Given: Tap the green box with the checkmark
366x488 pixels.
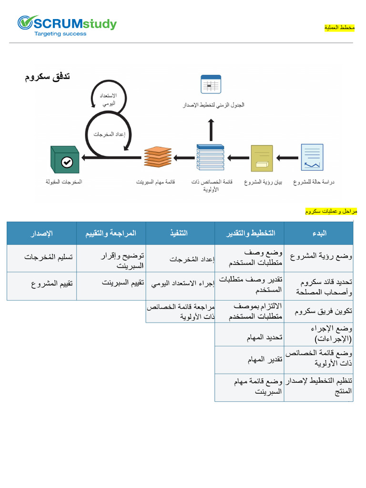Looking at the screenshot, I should tap(64, 160).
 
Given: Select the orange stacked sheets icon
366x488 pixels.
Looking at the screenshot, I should tap(158, 158).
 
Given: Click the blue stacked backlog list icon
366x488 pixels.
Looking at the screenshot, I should tap(210, 157).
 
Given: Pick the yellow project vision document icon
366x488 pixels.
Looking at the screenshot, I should tap(262, 158).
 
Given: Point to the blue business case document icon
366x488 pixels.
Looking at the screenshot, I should tap(312, 157).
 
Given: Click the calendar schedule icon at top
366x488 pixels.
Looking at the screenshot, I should tap(210, 84).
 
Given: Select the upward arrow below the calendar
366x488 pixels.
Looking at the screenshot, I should tap(211, 130).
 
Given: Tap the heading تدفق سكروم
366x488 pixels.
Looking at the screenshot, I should tap(48, 77).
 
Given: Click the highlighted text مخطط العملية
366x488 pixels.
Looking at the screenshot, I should tap(339, 28).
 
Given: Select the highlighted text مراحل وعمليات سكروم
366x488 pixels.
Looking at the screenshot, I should tap(331, 211).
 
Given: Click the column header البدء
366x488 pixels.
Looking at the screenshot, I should tap(319, 233).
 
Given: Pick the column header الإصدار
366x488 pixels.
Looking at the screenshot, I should tap(41, 233).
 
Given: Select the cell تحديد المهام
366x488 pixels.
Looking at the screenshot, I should tap(264, 337).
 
